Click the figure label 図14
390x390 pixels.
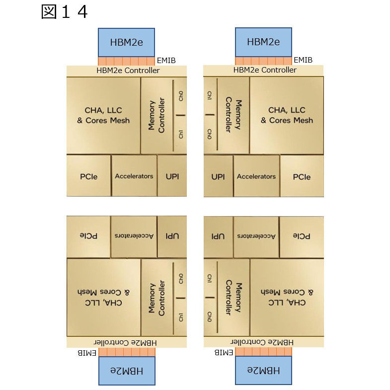[64, 12]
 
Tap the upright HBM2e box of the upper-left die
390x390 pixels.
[126, 42]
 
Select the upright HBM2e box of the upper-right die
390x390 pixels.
[263, 42]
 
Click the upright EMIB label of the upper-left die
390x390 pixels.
[166, 61]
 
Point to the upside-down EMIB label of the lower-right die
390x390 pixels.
[224, 352]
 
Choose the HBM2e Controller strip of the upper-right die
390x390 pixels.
[263, 71]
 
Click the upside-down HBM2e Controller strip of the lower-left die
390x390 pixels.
[127, 342]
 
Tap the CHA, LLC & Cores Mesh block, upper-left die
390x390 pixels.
[103, 115]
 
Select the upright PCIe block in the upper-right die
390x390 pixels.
[302, 176]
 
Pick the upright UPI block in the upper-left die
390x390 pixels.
[172, 175]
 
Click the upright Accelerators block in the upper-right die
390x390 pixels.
[256, 176]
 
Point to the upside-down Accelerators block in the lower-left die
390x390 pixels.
[134, 236]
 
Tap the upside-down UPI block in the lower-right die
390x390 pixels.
[218, 237]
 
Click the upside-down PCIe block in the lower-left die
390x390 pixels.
[88, 236]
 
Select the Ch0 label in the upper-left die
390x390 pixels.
[181, 96]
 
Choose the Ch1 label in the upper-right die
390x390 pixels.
[210, 95]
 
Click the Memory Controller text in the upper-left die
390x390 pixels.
[156, 115]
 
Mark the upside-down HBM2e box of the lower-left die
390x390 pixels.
[127, 371]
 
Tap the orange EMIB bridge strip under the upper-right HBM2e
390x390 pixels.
[263, 61]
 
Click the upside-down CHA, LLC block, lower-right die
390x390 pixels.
[287, 298]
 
